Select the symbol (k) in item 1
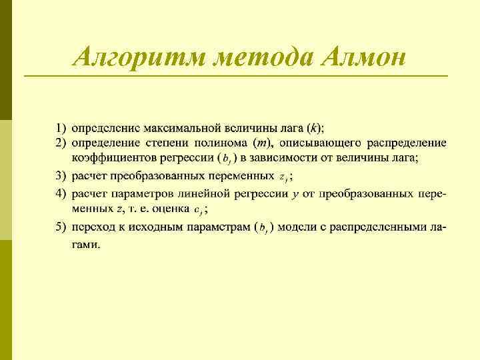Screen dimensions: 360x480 (313, 127)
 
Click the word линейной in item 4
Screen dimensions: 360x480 (202, 193)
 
